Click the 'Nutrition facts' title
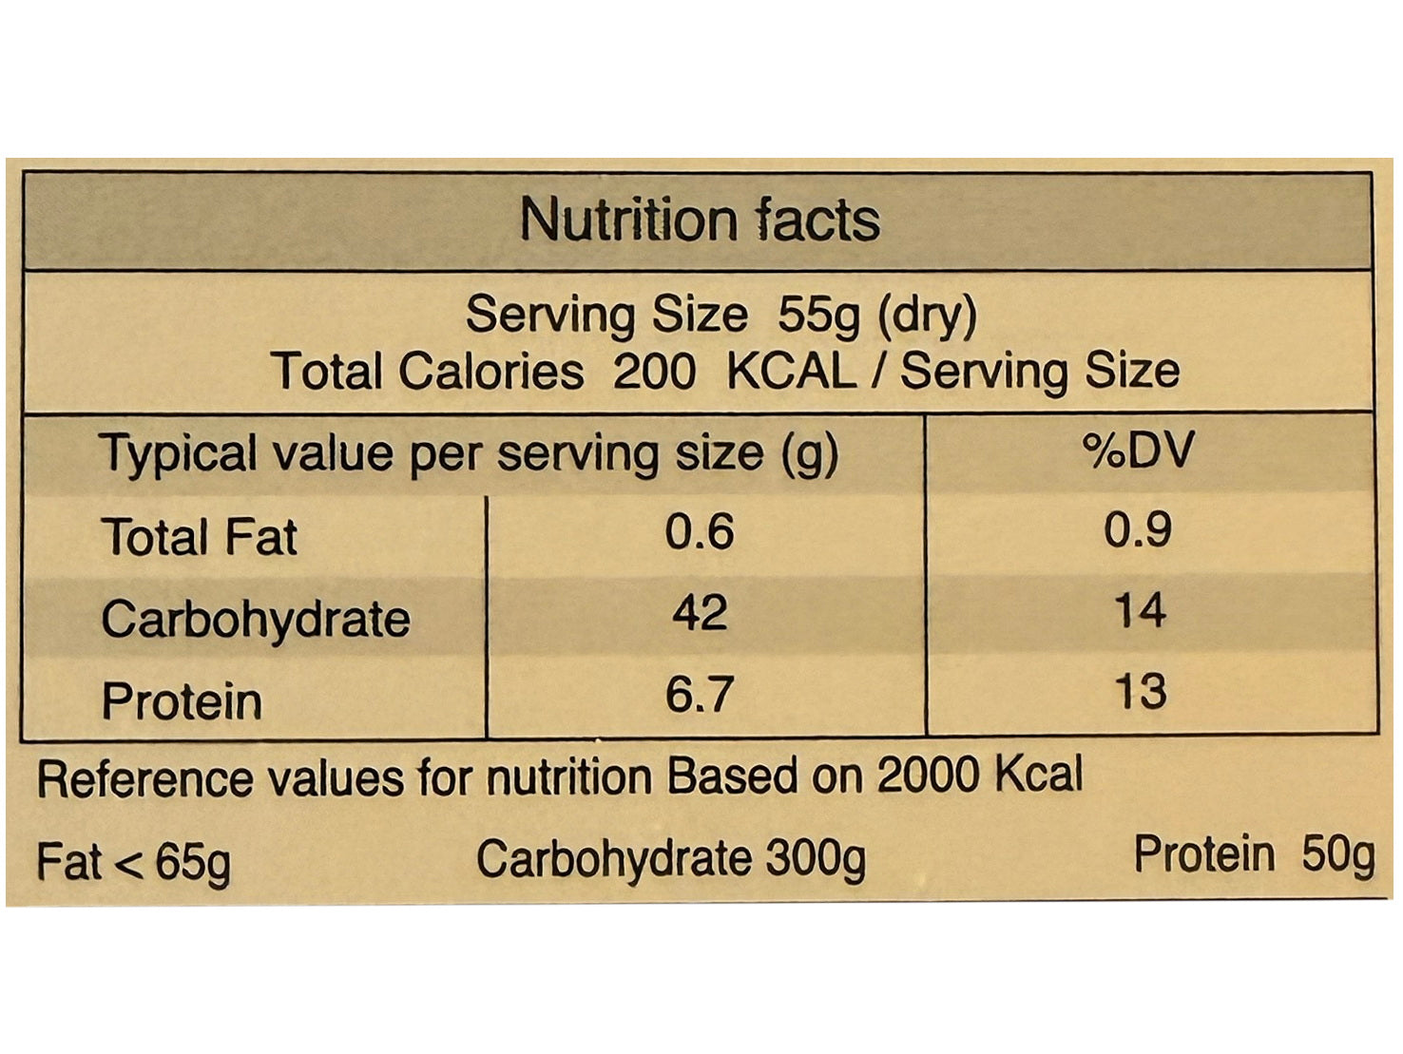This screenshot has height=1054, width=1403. click(x=700, y=220)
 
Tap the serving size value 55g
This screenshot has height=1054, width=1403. click(x=818, y=315)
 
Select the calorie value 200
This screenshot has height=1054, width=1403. click(x=654, y=371)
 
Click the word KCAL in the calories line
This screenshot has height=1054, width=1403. click(x=791, y=371)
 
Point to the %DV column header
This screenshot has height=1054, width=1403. click(x=1138, y=450)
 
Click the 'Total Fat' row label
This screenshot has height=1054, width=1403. click(x=200, y=537)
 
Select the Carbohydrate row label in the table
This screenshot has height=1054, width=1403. click(x=256, y=620)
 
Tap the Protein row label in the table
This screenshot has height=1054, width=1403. click(x=182, y=702)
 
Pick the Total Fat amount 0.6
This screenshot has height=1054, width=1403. click(x=700, y=531)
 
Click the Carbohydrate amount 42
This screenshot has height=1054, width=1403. click(x=700, y=613)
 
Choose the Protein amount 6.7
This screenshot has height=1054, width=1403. click(x=700, y=695)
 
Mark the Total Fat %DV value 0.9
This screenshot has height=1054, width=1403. click(x=1138, y=529)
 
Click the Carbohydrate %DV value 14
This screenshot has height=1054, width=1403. click(x=1140, y=611)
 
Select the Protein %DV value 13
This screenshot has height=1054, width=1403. click(x=1140, y=692)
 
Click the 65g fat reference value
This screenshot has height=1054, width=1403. click(x=192, y=863)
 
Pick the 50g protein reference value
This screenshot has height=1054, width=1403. click(x=1338, y=854)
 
